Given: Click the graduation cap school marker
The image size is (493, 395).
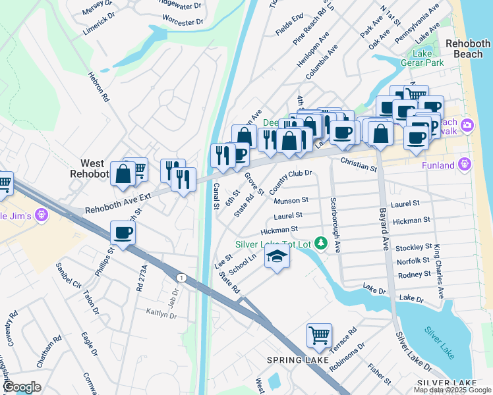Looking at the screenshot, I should coord(277,256).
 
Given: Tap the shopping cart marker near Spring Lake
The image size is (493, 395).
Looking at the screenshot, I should coord(319,335).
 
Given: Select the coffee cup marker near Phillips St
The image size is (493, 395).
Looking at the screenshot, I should coord(123,232).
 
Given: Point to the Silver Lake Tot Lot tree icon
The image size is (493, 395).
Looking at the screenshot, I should coord(321,244).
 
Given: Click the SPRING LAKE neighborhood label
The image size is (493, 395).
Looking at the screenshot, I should coord(293,359).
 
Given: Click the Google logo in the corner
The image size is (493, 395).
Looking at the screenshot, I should coord(21,388).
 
